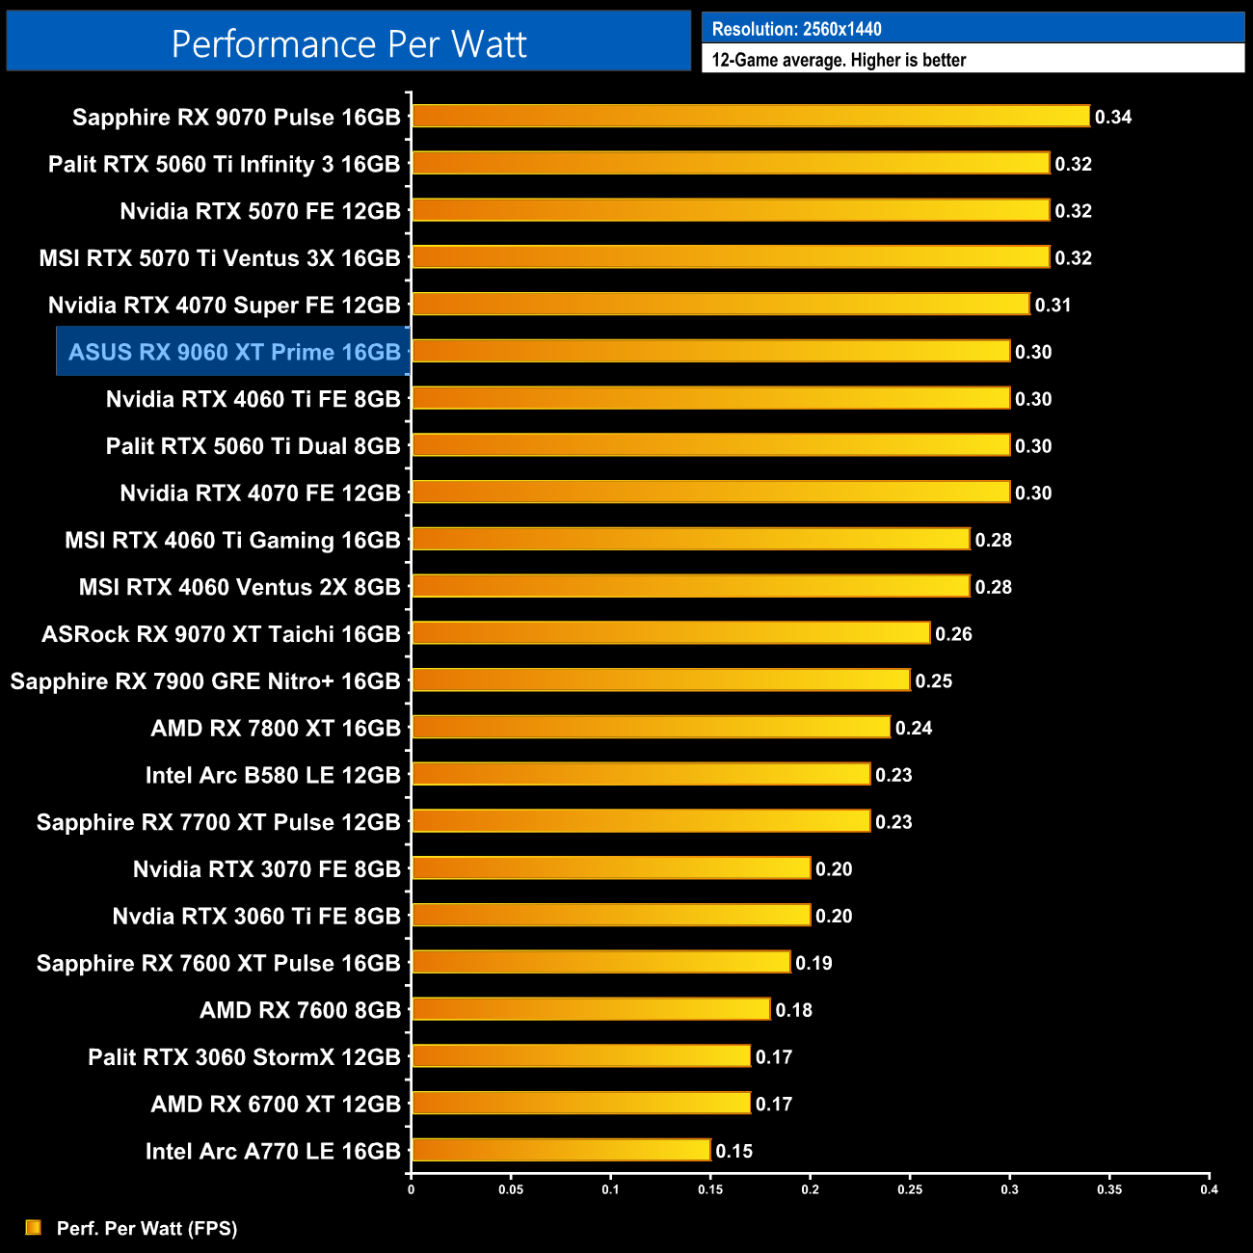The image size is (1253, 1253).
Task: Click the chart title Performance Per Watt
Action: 349,43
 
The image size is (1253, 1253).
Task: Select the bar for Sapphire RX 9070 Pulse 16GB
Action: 750,117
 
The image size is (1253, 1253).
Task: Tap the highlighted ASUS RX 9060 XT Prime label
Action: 234,352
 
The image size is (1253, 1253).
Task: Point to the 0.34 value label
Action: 1113,118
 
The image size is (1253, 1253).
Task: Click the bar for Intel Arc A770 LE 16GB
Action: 561,1150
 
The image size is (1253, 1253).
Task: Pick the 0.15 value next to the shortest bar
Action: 733,1151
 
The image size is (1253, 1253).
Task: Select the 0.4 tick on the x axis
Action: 1209,1189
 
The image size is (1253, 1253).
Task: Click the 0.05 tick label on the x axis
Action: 511,1189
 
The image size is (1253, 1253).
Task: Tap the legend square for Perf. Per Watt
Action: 34,1227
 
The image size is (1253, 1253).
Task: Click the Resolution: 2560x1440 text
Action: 796,29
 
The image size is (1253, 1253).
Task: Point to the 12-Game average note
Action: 839,60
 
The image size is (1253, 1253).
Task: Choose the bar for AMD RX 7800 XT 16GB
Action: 651,727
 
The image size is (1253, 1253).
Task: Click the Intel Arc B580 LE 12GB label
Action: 273,775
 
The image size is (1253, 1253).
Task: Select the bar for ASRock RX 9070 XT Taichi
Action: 671,633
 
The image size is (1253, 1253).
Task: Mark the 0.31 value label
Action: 1053,305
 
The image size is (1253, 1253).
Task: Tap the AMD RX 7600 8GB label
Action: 300,1010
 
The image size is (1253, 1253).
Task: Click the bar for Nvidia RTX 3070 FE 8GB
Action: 611,868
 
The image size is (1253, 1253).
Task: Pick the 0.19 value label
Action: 813,963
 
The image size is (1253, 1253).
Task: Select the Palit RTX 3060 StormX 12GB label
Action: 244,1057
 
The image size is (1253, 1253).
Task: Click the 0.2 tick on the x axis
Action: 811,1189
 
